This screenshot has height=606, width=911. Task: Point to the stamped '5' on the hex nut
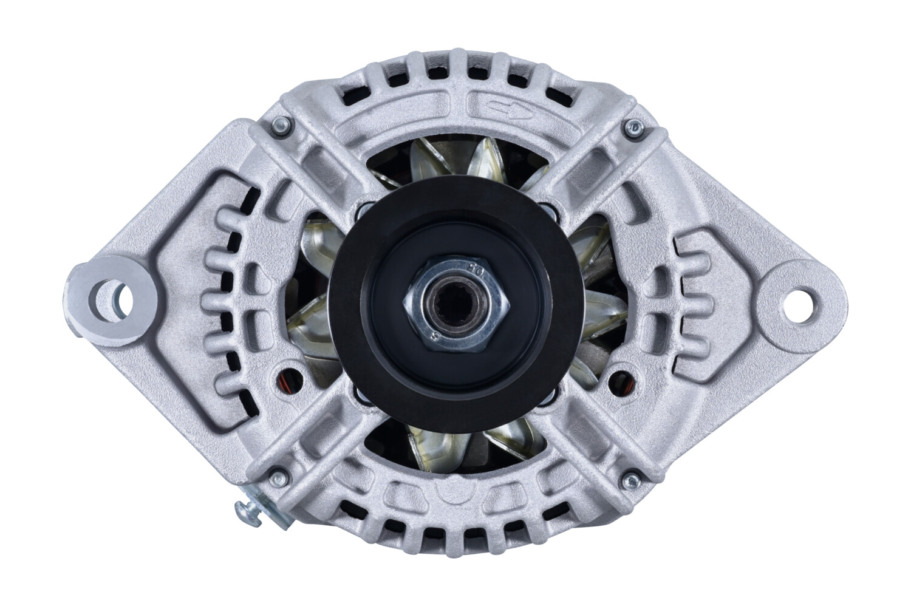[x=434, y=337]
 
